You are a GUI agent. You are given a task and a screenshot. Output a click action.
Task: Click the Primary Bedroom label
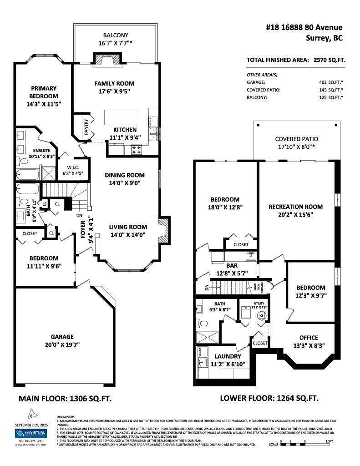point(44,92)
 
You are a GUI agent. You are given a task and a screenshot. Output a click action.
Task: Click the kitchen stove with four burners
point(137,150)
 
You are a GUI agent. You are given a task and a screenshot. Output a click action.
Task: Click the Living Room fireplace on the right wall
point(163,230)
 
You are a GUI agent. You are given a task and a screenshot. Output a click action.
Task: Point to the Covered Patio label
point(296,139)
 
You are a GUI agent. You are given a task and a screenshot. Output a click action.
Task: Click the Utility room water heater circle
point(262,316)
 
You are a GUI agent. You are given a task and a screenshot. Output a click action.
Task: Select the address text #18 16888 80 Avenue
point(304,28)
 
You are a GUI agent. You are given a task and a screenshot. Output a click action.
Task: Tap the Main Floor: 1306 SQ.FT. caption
point(65,398)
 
